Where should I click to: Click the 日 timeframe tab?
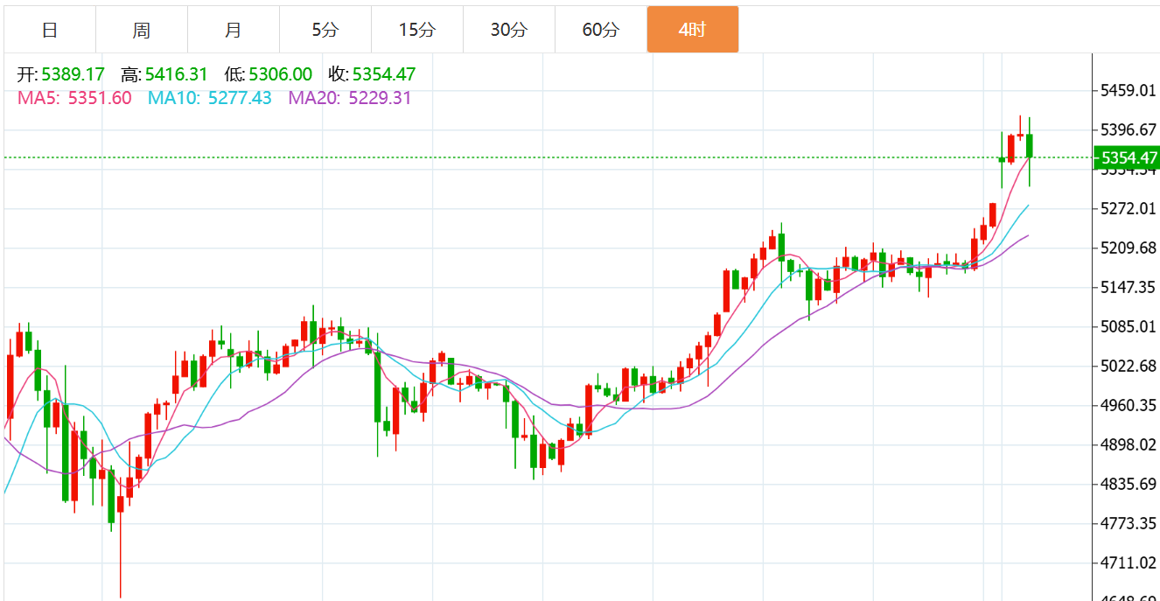pos(50,30)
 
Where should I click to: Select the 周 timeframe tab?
pos(142,30)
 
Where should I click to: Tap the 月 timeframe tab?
pos(233,30)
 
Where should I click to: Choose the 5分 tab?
pos(325,30)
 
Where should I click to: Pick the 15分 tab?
pos(416,30)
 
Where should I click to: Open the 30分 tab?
pos(508,30)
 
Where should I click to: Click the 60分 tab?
pos(600,30)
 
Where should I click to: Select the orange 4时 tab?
pos(692,30)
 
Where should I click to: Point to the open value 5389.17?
pos(73,74)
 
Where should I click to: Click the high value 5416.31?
pos(176,74)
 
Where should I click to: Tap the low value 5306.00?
pos(280,74)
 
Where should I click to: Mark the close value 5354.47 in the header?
pos(384,74)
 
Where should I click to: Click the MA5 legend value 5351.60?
pos(100,98)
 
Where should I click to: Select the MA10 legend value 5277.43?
pos(236,98)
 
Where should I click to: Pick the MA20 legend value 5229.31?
pos(380,98)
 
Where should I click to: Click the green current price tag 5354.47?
pos(1129,158)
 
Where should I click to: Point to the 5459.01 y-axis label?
pos(1129,90)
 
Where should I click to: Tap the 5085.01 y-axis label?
pos(1129,326)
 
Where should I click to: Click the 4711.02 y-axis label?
pos(1129,563)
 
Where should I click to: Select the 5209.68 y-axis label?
pos(1129,248)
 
